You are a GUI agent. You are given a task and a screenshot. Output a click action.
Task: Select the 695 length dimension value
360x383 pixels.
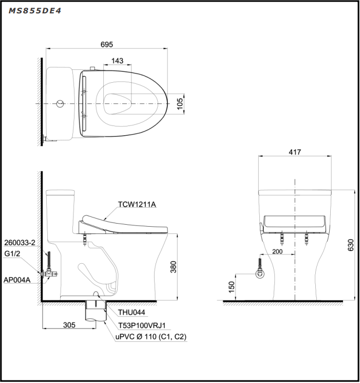click(x=106, y=45)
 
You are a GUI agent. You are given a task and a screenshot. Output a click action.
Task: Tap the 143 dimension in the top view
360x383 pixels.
click(x=117, y=61)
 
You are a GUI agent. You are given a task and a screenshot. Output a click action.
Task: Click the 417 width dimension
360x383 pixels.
click(x=295, y=152)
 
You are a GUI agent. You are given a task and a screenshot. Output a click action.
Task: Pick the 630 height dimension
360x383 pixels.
click(x=351, y=245)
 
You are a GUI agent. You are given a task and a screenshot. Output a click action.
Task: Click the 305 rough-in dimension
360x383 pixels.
click(x=69, y=324)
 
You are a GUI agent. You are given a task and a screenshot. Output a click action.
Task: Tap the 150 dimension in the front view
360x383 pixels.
click(x=232, y=285)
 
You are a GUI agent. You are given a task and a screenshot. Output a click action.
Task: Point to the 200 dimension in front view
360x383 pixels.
click(x=277, y=252)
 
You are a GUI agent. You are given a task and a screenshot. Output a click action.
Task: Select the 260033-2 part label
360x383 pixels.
click(x=20, y=243)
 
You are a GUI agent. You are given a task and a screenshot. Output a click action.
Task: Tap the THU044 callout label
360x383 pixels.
click(x=132, y=312)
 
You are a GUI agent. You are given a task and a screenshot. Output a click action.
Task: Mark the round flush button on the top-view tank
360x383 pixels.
click(x=60, y=104)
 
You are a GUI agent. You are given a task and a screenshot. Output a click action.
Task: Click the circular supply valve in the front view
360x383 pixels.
click(x=260, y=273)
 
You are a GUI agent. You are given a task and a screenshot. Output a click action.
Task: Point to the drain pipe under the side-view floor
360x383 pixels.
click(x=94, y=313)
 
